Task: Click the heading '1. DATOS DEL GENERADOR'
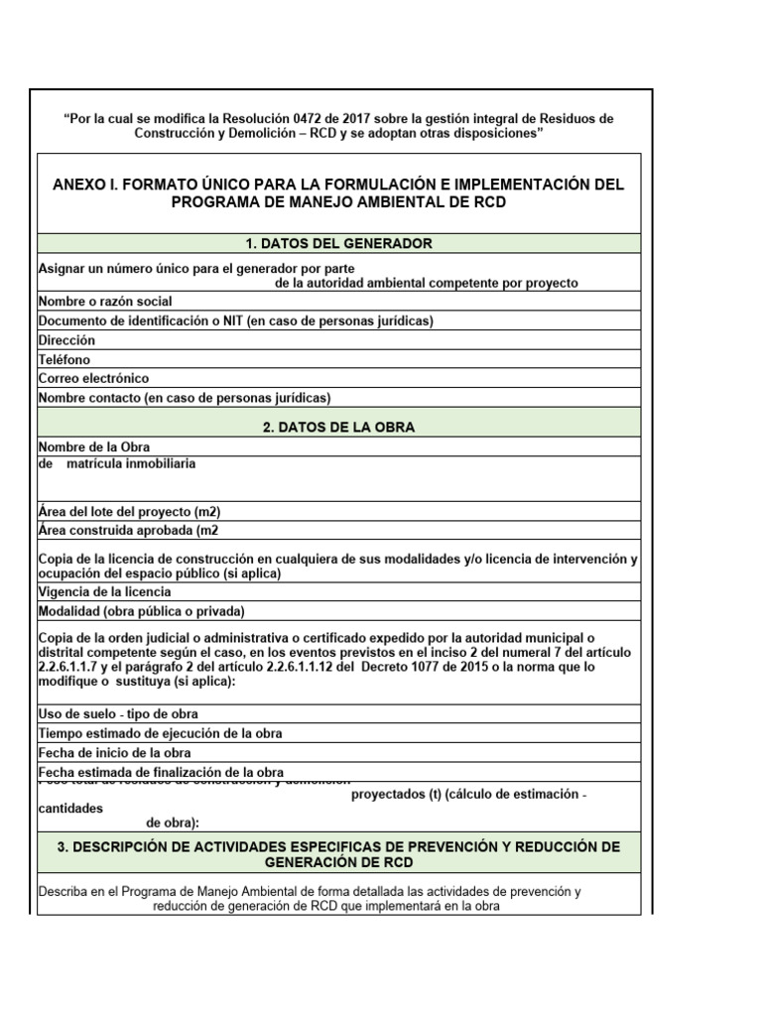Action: (x=338, y=244)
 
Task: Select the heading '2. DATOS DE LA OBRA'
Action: (x=338, y=428)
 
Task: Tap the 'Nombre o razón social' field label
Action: (x=105, y=302)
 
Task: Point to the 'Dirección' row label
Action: (x=66, y=340)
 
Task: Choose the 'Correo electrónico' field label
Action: (x=93, y=379)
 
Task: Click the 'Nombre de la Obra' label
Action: (x=94, y=447)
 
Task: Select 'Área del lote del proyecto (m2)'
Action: (x=129, y=512)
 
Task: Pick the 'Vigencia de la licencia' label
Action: (x=104, y=592)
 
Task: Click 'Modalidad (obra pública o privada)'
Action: (x=141, y=611)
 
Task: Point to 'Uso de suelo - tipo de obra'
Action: (x=118, y=714)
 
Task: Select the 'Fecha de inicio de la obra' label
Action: (x=114, y=753)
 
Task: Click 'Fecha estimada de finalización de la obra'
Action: (x=161, y=772)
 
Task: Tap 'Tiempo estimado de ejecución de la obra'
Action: (x=160, y=734)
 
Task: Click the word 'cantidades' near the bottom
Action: (x=70, y=809)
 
